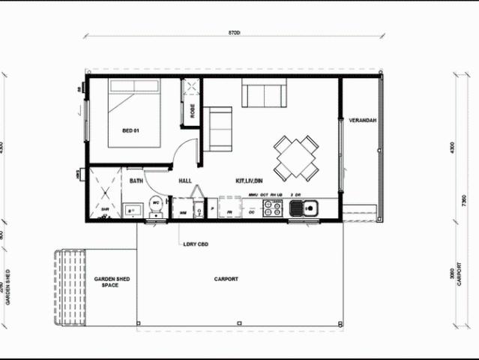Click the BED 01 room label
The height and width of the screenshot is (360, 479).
click(131, 130)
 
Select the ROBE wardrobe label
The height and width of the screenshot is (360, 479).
click(192, 110)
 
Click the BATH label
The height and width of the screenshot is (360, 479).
click(136, 181)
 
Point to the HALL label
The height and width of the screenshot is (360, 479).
click(186, 181)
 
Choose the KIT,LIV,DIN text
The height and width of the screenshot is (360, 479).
click(249, 181)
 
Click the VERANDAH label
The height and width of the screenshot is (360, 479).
click(362, 121)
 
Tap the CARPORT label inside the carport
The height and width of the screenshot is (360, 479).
click(226, 279)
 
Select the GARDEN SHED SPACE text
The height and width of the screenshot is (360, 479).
click(112, 282)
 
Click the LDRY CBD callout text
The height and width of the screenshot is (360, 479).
click(195, 244)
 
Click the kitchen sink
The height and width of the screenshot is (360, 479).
click(304, 208)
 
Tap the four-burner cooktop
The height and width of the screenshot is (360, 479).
click(273, 208)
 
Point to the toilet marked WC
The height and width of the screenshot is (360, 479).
click(157, 204)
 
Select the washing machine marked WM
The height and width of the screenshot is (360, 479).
click(183, 209)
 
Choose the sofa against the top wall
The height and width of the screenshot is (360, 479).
click(262, 94)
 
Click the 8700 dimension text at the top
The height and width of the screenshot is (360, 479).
click(235, 34)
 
